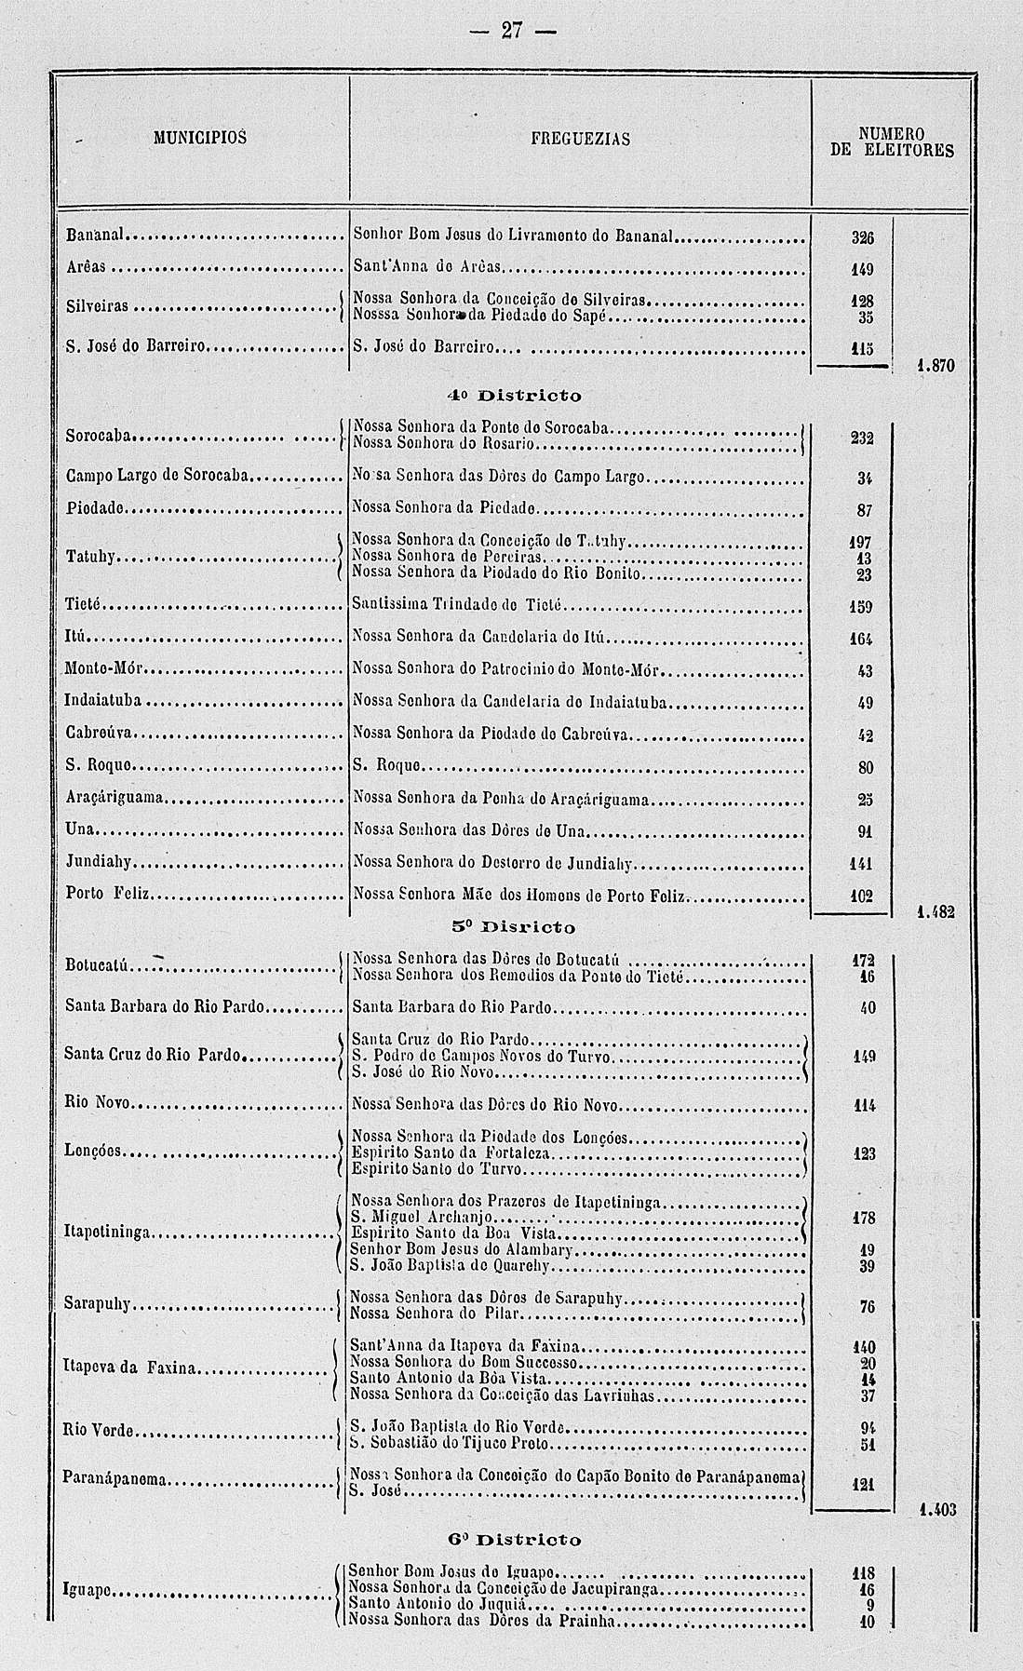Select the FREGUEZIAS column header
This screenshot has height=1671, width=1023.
point(580,140)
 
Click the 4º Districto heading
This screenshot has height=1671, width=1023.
point(513,396)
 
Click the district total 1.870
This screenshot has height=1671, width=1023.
point(934,368)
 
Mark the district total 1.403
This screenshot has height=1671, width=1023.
point(936,1509)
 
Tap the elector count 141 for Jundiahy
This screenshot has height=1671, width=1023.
point(862,865)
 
